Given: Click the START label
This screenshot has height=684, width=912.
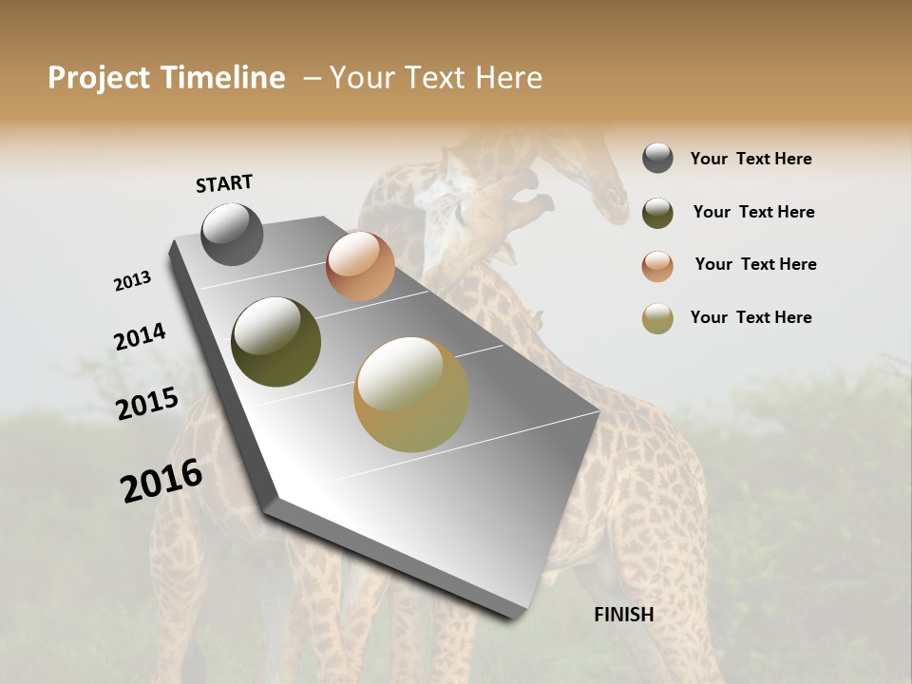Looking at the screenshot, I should (224, 183).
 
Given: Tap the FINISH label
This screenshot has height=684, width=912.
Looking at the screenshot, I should (623, 615).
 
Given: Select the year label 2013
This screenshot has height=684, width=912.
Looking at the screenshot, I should (133, 281).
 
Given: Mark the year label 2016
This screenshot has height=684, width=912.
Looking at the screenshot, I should (161, 481).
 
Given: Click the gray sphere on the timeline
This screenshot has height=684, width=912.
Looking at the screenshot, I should (232, 234).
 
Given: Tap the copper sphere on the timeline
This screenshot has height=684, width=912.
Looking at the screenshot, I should (360, 266).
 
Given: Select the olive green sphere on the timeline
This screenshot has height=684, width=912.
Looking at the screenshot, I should (275, 342).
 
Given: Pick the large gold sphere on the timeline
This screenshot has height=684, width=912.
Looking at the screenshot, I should (411, 394).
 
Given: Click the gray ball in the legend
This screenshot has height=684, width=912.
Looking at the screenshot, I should (657, 159).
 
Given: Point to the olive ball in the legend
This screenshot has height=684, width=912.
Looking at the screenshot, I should (657, 213).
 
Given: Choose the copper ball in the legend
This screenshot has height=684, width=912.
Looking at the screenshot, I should (657, 266).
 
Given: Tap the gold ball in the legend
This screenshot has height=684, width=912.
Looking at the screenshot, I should (657, 319).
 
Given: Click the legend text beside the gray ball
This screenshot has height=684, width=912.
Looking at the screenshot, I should (750, 160).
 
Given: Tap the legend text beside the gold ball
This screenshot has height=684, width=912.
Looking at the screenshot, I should (750, 317).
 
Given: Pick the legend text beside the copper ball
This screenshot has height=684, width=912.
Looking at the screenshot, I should (755, 264).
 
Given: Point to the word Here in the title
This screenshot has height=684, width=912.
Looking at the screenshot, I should (508, 78).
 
